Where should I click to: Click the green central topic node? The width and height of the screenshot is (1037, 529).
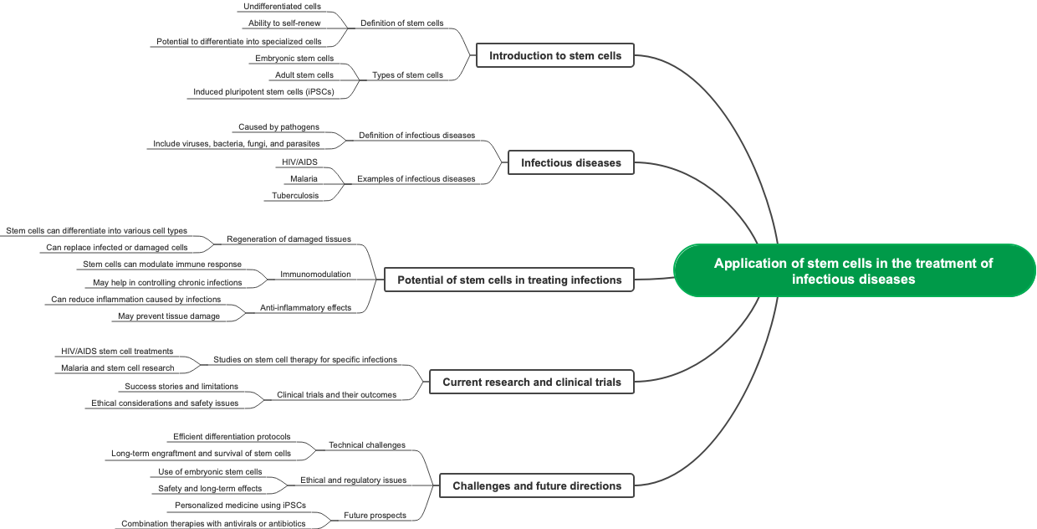(x=854, y=270)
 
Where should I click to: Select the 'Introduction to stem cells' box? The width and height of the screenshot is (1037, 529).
(x=555, y=56)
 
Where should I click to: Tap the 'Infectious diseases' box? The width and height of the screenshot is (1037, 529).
(x=570, y=162)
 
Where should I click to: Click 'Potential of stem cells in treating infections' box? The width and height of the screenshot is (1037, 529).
(x=508, y=280)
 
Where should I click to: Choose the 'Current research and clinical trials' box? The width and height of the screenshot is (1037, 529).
(x=531, y=382)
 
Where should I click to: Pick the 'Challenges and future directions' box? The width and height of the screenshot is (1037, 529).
(x=536, y=485)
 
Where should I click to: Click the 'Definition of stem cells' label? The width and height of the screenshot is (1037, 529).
(x=401, y=23)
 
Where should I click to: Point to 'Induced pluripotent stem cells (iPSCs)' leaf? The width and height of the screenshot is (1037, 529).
(x=263, y=92)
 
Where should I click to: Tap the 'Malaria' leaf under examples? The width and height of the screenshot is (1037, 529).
(x=304, y=179)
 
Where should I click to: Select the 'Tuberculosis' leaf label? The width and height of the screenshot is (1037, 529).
(x=295, y=196)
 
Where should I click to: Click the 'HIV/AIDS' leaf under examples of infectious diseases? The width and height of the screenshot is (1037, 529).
(x=299, y=162)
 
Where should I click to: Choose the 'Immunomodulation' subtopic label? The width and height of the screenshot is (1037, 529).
(x=315, y=274)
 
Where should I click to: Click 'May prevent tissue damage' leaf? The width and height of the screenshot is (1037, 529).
(x=169, y=316)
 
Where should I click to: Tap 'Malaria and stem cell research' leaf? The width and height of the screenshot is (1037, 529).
(x=117, y=368)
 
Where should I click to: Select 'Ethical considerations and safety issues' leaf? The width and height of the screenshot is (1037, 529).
(x=165, y=403)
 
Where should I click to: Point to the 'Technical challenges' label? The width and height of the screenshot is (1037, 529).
(x=366, y=445)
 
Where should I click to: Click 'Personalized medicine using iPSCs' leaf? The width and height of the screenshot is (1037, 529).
(x=240, y=506)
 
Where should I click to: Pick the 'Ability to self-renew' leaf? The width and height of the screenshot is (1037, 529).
(x=284, y=23)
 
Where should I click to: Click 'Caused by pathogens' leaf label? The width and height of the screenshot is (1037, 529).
(x=278, y=127)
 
